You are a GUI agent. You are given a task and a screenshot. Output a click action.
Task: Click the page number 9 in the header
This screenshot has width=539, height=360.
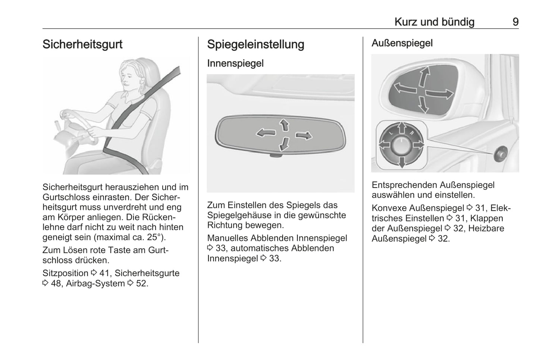[515, 22]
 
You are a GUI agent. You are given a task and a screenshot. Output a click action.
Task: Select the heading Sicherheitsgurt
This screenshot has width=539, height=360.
[82, 44]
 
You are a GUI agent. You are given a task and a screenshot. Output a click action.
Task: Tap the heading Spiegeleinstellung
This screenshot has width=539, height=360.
[256, 44]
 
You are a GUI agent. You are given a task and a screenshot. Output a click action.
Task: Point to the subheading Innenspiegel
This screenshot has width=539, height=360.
[235, 63]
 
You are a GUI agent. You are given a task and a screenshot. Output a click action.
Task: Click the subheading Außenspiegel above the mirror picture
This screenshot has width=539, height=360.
[402, 43]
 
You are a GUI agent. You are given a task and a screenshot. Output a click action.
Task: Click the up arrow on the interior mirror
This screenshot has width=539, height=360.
[285, 125]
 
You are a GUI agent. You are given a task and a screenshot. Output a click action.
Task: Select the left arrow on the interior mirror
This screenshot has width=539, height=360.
[266, 132]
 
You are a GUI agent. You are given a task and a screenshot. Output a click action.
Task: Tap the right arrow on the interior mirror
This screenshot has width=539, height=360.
[304, 136]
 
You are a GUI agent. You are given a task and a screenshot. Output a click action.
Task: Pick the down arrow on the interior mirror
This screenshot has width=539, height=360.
[284, 144]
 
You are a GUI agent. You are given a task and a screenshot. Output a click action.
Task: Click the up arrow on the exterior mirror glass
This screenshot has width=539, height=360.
[424, 76]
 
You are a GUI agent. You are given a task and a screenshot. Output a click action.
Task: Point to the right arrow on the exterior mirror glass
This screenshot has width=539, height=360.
[439, 94]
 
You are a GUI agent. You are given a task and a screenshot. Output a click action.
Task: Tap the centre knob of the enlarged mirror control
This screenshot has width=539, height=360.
[401, 146]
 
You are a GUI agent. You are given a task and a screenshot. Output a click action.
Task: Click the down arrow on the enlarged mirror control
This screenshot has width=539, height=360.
[402, 162]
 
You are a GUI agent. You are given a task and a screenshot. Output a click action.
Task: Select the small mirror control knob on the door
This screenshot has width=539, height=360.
[501, 154]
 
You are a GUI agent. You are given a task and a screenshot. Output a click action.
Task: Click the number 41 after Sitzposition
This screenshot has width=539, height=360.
[104, 273]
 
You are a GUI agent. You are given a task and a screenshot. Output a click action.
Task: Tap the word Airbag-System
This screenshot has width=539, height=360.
[95, 284]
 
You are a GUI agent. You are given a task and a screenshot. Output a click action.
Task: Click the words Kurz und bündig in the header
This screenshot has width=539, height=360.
[435, 22]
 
